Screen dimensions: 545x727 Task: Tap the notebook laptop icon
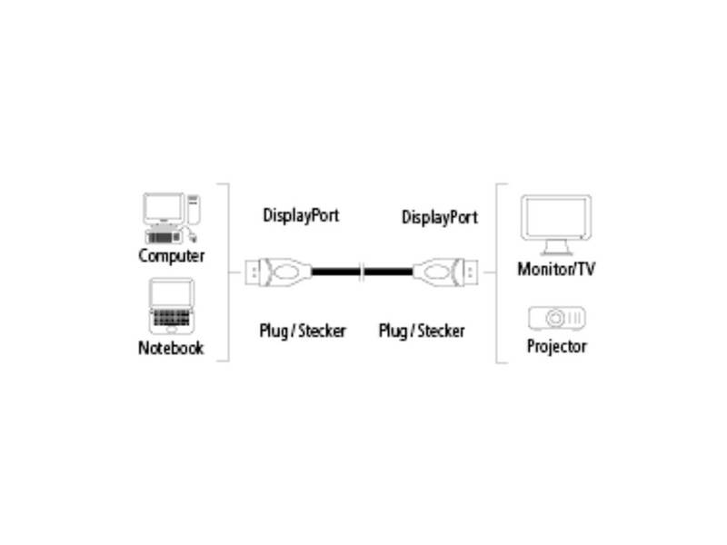click(170, 307)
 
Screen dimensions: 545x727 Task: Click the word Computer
click(171, 256)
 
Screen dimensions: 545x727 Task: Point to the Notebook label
click(171, 348)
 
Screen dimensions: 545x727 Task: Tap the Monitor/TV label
click(556, 269)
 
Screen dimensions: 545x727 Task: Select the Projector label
click(556, 347)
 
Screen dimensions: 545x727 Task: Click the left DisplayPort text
click(301, 216)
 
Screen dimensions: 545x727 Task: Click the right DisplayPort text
click(439, 217)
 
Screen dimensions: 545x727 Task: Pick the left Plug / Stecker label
click(303, 331)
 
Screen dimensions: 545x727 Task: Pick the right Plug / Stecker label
click(422, 331)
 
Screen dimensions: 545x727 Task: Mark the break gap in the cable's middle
click(363, 272)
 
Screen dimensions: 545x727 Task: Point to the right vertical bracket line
click(496, 272)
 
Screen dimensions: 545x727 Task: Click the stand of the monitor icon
click(555, 248)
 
